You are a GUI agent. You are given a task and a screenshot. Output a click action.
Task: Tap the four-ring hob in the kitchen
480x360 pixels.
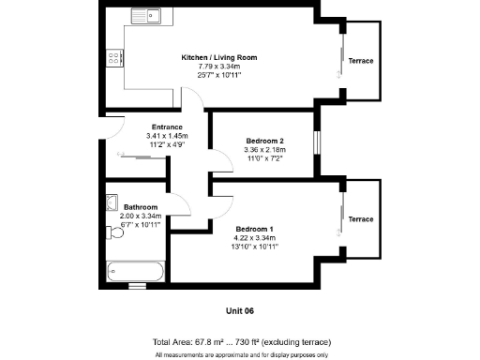point(113,58)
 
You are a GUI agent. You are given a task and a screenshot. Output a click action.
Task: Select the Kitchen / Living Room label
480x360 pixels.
point(218,57)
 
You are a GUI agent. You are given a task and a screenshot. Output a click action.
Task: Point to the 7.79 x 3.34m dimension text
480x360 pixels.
point(218,66)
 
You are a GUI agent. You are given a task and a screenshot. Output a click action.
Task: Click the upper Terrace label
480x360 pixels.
point(361,61)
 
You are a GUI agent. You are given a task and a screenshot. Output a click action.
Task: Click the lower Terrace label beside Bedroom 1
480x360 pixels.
point(361,218)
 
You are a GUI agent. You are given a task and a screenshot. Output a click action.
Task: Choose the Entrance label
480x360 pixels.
point(167,127)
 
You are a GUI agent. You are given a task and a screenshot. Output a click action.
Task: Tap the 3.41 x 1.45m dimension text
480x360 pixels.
point(167,135)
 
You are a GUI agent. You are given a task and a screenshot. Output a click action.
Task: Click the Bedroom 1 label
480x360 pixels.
point(255,229)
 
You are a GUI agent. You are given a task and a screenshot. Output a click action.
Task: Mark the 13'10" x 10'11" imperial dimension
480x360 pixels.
point(255,246)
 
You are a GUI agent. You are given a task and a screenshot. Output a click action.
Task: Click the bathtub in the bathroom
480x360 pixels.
point(136,270)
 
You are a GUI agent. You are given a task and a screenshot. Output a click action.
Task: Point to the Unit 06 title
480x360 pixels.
point(240,310)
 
